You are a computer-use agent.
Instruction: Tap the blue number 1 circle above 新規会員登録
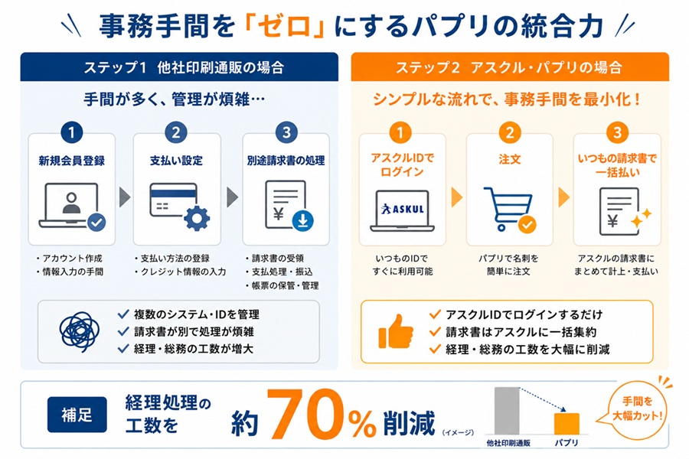pos(72,132)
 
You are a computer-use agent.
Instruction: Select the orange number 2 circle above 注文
pos(510,132)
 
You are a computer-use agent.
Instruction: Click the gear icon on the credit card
pos(197,218)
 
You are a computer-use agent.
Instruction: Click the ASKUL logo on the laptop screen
pos(403,209)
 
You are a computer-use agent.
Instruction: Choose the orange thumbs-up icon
pos(396,331)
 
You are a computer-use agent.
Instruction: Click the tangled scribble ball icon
pos(80,331)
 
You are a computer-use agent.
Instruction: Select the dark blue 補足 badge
pos(77,415)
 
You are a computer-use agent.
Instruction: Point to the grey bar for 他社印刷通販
pos(507,411)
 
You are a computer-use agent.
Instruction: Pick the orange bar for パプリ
pos(567,424)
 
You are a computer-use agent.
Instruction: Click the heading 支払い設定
pos(176,161)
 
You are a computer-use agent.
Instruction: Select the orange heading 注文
pos(510,159)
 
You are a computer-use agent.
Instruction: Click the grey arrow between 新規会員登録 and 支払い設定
pos(125,197)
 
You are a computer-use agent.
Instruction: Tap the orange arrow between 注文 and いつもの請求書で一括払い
pos(563,197)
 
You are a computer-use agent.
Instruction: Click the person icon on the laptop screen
pos(71,203)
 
